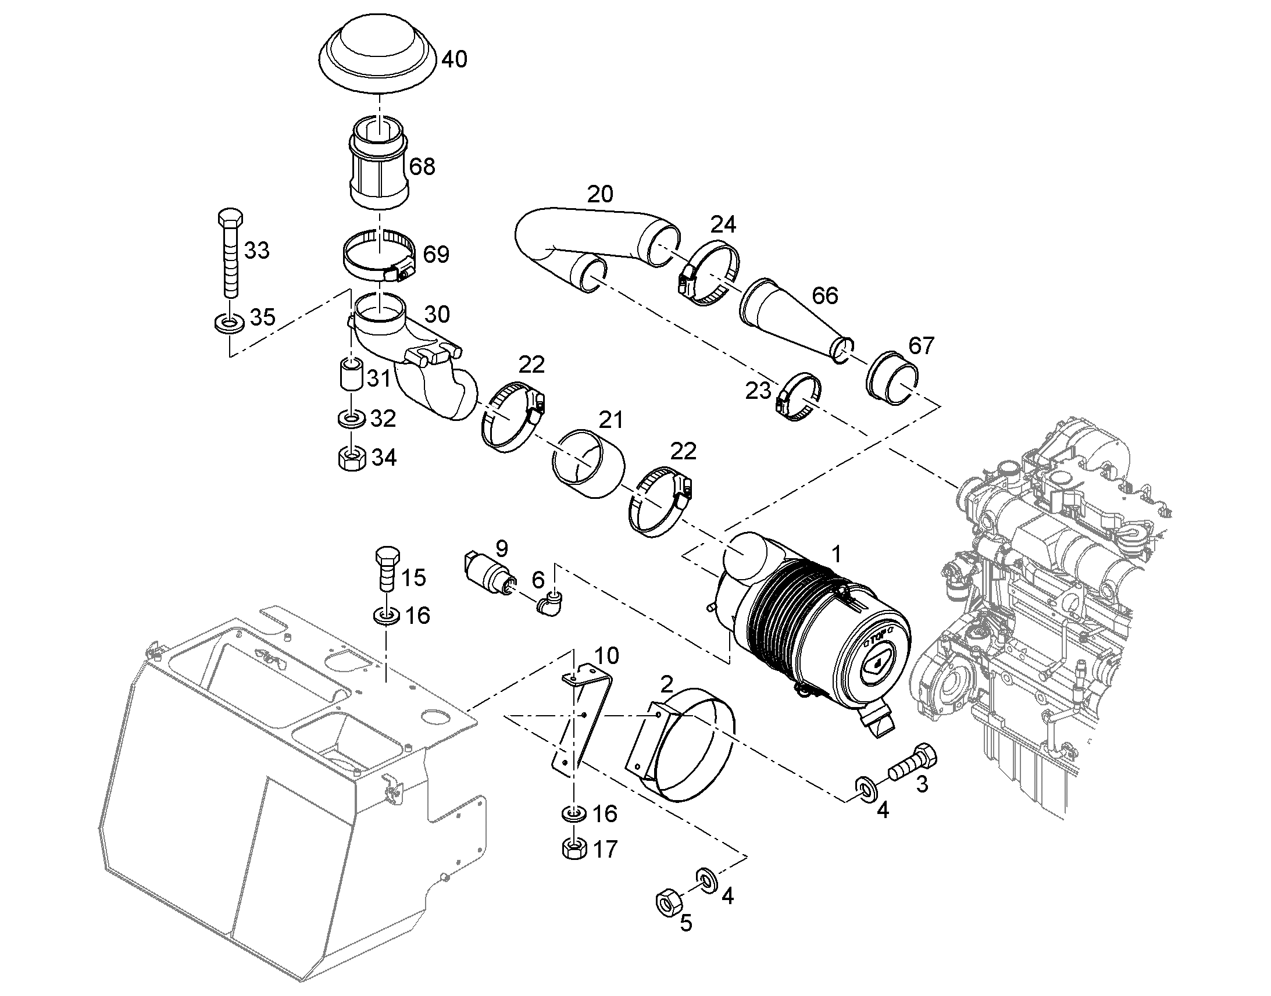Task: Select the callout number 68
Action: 422,167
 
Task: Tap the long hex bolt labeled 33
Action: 231,254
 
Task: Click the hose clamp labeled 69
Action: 379,256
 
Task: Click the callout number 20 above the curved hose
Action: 600,194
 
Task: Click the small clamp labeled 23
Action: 799,397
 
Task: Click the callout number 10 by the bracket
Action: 606,655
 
